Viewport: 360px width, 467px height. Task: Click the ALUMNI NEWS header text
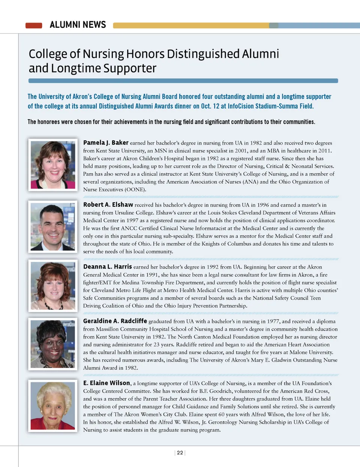pyautogui.click(x=78, y=25)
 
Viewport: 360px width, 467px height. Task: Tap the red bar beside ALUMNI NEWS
pyautogui.click(x=34, y=26)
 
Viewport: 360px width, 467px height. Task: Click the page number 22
pyautogui.click(x=180, y=453)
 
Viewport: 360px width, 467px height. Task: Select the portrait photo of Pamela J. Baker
pyautogui.click(x=53, y=165)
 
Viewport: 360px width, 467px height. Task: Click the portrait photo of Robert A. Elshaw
pyautogui.click(x=53, y=227)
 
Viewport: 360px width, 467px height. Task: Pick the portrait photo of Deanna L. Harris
pyautogui.click(x=53, y=286)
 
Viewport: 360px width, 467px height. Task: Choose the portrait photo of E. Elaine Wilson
pyautogui.click(x=53, y=405)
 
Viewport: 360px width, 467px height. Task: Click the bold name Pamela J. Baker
pyautogui.click(x=106, y=143)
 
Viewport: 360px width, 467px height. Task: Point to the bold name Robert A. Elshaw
pyautogui.click(x=108, y=204)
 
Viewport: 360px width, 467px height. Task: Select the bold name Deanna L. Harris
pyautogui.click(x=107, y=267)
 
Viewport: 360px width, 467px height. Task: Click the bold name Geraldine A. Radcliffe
pyautogui.click(x=115, y=321)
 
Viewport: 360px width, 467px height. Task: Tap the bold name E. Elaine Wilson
pyautogui.click(x=106, y=383)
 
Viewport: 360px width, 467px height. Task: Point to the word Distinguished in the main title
pyautogui.click(x=202, y=54)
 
